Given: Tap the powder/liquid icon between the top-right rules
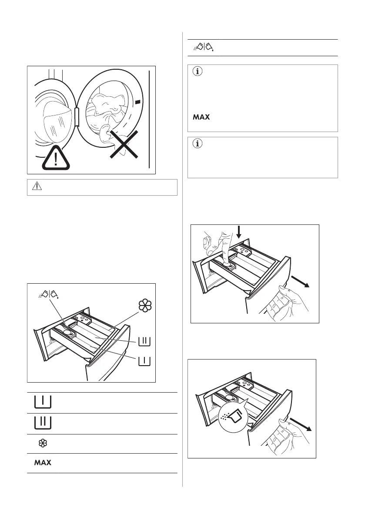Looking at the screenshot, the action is [203, 47].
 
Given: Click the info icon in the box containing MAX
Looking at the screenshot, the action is [198, 73].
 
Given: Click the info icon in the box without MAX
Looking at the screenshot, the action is [198, 145].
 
